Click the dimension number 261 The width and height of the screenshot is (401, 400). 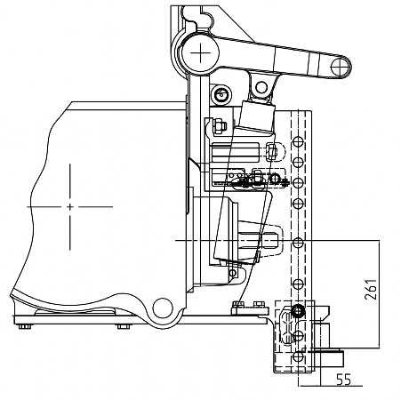click(371, 289)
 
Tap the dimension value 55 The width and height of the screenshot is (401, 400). click(344, 380)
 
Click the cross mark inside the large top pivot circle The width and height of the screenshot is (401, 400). click(201, 53)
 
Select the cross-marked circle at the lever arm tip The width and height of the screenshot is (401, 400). click(340, 67)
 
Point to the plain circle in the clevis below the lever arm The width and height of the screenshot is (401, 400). click(261, 87)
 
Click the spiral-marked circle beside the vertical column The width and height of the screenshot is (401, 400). click(221, 95)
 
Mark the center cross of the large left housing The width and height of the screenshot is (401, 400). click(70, 206)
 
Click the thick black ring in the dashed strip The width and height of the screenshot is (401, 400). click(298, 311)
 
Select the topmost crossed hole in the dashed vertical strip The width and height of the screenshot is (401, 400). click(298, 141)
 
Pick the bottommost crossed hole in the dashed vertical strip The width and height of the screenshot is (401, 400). click(298, 356)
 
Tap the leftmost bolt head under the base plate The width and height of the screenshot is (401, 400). click(25, 326)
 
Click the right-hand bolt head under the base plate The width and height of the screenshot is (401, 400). click(124, 326)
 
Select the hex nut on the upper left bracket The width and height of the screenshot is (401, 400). click(219, 126)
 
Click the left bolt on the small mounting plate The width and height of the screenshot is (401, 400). click(238, 304)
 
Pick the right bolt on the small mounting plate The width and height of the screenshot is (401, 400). click(260, 304)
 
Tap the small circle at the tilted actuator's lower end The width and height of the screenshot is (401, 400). click(233, 273)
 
